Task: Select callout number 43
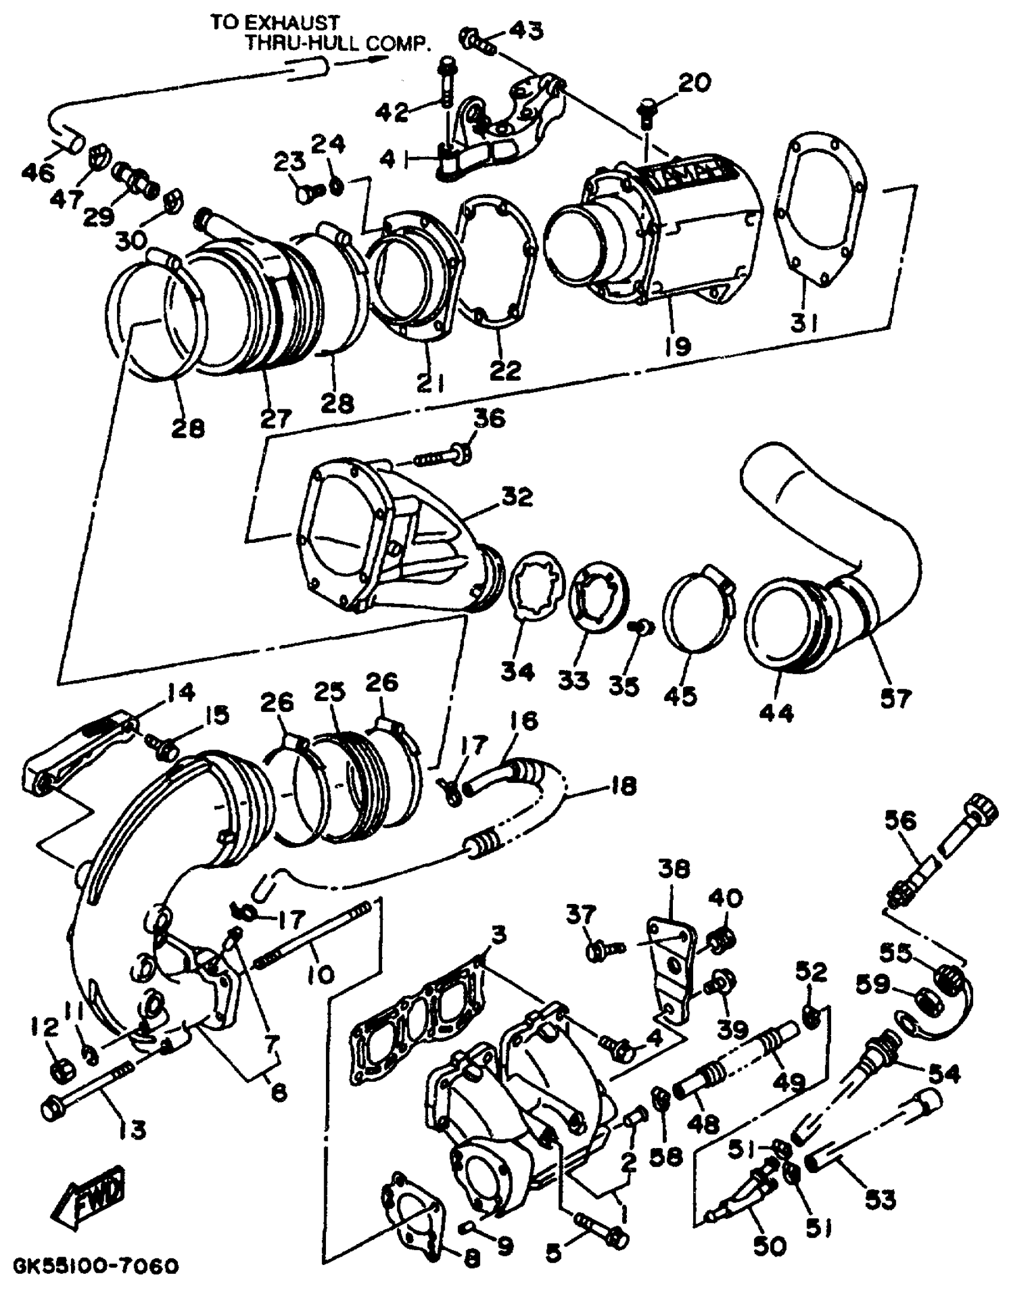[526, 30]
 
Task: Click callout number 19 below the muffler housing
[678, 344]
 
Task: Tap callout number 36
[490, 418]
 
